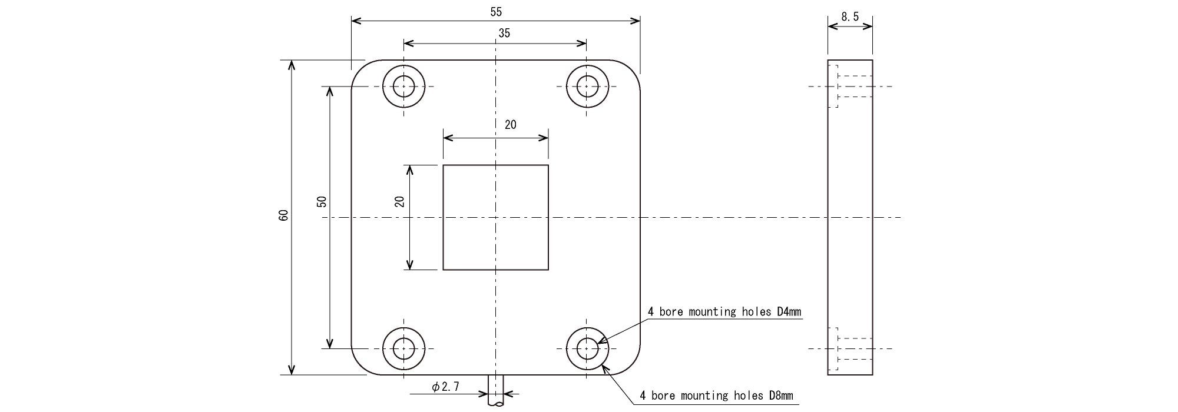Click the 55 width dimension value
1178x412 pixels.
pos(495,11)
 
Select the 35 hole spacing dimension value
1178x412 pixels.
pos(504,34)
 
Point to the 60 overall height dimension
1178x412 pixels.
pos(283,215)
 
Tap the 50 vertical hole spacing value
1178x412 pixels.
pos(322,202)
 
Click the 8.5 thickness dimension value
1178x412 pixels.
pos(849,17)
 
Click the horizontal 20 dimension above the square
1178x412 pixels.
pos(510,124)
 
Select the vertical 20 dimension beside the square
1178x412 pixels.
pos(400,201)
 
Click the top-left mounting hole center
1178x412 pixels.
pos(403,87)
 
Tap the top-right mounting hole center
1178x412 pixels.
pos(587,87)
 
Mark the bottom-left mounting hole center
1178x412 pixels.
pos(403,348)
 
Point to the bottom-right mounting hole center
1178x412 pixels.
pos(587,348)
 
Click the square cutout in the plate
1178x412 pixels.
pos(495,217)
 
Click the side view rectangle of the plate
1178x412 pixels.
pos(850,217)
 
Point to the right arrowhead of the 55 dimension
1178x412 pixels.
pos(636,21)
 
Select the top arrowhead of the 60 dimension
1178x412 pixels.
pos(291,64)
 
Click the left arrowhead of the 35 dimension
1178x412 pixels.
pos(408,44)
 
